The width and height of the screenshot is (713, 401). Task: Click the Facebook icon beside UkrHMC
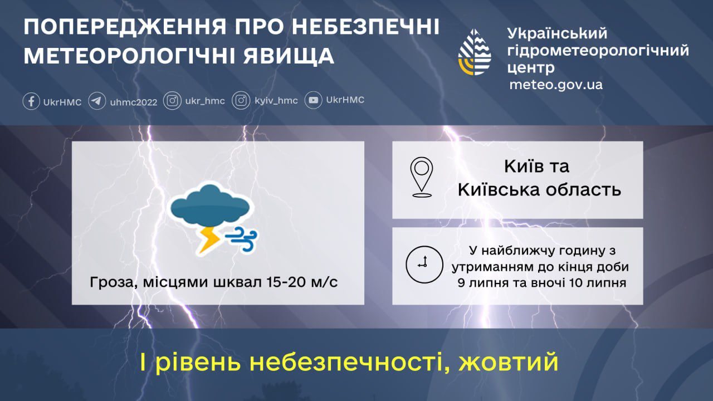[31, 101]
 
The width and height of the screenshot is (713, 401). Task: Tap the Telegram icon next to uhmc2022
[97, 101]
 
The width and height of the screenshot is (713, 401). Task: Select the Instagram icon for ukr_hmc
[172, 101]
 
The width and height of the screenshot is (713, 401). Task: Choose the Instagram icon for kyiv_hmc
[241, 101]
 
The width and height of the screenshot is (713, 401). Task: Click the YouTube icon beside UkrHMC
[313, 100]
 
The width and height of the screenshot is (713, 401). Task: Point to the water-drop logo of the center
[475, 52]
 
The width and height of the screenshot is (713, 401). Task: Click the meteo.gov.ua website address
[556, 85]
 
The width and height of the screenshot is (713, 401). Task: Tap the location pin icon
[422, 177]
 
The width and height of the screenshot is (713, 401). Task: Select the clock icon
[424, 265]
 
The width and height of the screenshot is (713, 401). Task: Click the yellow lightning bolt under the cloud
[208, 239]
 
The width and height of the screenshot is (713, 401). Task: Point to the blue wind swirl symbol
[241, 239]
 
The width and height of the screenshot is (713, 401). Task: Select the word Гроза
[114, 282]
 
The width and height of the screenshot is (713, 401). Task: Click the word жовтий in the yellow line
[509, 362]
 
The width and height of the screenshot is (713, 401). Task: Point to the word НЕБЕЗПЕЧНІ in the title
[365, 27]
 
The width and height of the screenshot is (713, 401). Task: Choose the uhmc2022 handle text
[134, 102]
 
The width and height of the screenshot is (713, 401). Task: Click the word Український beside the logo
[557, 33]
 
